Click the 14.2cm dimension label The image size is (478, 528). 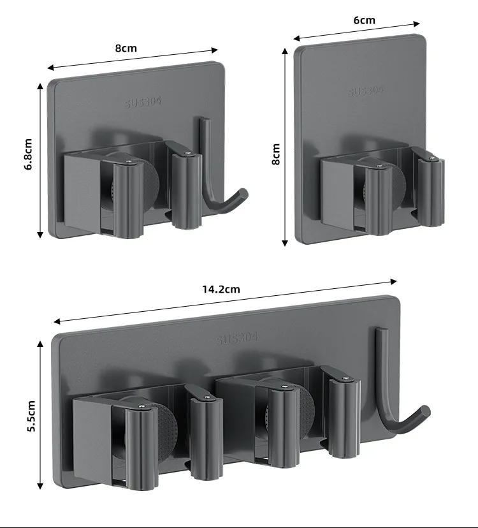[x=221, y=289]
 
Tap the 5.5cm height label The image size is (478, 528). [x=31, y=416]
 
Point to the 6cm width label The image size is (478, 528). [x=364, y=20]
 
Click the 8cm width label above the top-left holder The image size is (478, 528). [x=126, y=48]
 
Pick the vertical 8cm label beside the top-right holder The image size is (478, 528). [x=275, y=154]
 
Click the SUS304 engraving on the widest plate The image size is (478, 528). [x=237, y=339]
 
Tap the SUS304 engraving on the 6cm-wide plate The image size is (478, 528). [x=366, y=91]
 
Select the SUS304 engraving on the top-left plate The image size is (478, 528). [x=143, y=101]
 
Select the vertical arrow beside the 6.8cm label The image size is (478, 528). [x=40, y=159]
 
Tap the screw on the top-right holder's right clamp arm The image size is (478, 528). [x=432, y=158]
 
